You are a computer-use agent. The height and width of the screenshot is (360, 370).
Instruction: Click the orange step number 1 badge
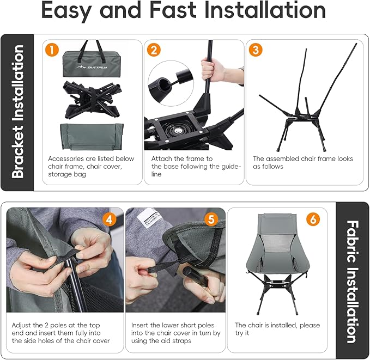(52, 50)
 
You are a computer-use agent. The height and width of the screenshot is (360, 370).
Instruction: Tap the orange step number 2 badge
(154, 50)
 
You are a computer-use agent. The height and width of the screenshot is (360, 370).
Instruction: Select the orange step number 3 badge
(256, 50)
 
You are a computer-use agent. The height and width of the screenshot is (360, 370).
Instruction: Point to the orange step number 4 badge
(109, 219)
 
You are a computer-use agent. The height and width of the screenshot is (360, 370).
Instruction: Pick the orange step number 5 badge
(211, 219)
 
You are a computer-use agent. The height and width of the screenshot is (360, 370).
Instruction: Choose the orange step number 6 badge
(313, 219)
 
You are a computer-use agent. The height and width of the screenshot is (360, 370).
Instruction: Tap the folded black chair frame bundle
(92, 99)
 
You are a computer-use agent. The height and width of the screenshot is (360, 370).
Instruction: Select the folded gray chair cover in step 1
(92, 137)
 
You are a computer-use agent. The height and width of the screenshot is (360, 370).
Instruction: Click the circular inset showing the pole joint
(171, 83)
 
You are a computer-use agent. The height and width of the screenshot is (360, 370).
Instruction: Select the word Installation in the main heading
(265, 10)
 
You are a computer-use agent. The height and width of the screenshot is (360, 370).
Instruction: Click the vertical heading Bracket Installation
(17, 111)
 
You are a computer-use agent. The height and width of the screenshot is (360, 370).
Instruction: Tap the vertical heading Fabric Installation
(353, 282)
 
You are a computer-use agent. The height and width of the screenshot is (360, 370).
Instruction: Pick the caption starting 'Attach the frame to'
(196, 166)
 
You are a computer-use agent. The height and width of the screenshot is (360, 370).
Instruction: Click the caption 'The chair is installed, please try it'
(277, 329)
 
